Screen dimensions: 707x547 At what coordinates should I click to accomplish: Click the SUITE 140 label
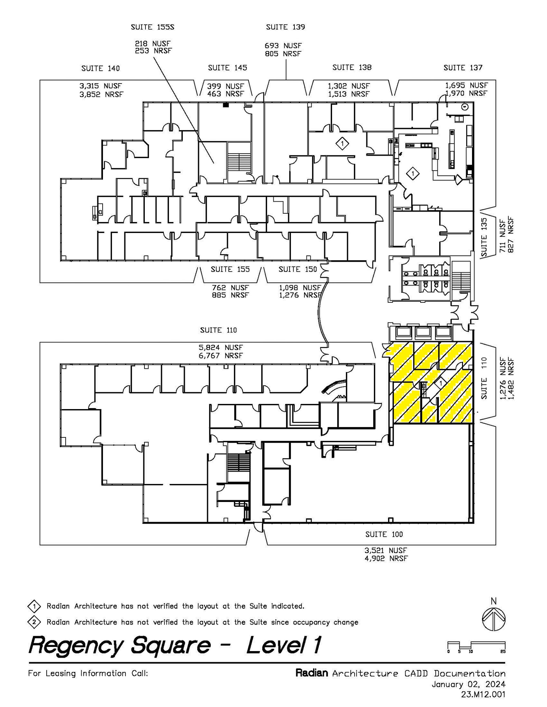pyautogui.click(x=101, y=68)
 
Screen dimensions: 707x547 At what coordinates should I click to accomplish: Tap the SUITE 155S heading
pyautogui.click(x=152, y=27)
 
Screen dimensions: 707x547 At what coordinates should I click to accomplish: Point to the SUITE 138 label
pyautogui.click(x=352, y=68)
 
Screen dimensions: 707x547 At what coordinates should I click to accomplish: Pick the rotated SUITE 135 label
pyautogui.click(x=484, y=237)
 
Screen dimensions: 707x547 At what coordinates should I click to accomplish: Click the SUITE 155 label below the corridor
pyautogui.click(x=230, y=269)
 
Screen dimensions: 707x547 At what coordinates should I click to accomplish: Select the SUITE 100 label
pyautogui.click(x=384, y=534)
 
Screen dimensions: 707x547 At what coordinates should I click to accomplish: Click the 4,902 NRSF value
pyautogui.click(x=386, y=559)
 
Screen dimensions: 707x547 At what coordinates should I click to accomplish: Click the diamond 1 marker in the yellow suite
pyautogui.click(x=441, y=383)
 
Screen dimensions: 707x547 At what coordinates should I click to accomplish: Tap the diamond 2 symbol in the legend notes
pyautogui.click(x=34, y=622)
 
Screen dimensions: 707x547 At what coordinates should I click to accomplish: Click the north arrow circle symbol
pyautogui.click(x=493, y=620)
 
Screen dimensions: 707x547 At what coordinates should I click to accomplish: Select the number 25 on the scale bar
pyautogui.click(x=503, y=652)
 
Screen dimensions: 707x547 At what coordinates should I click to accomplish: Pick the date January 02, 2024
pyautogui.click(x=468, y=684)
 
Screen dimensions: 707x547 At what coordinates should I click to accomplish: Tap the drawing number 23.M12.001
pyautogui.click(x=483, y=694)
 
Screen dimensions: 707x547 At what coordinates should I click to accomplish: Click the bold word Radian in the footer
pyautogui.click(x=311, y=673)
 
